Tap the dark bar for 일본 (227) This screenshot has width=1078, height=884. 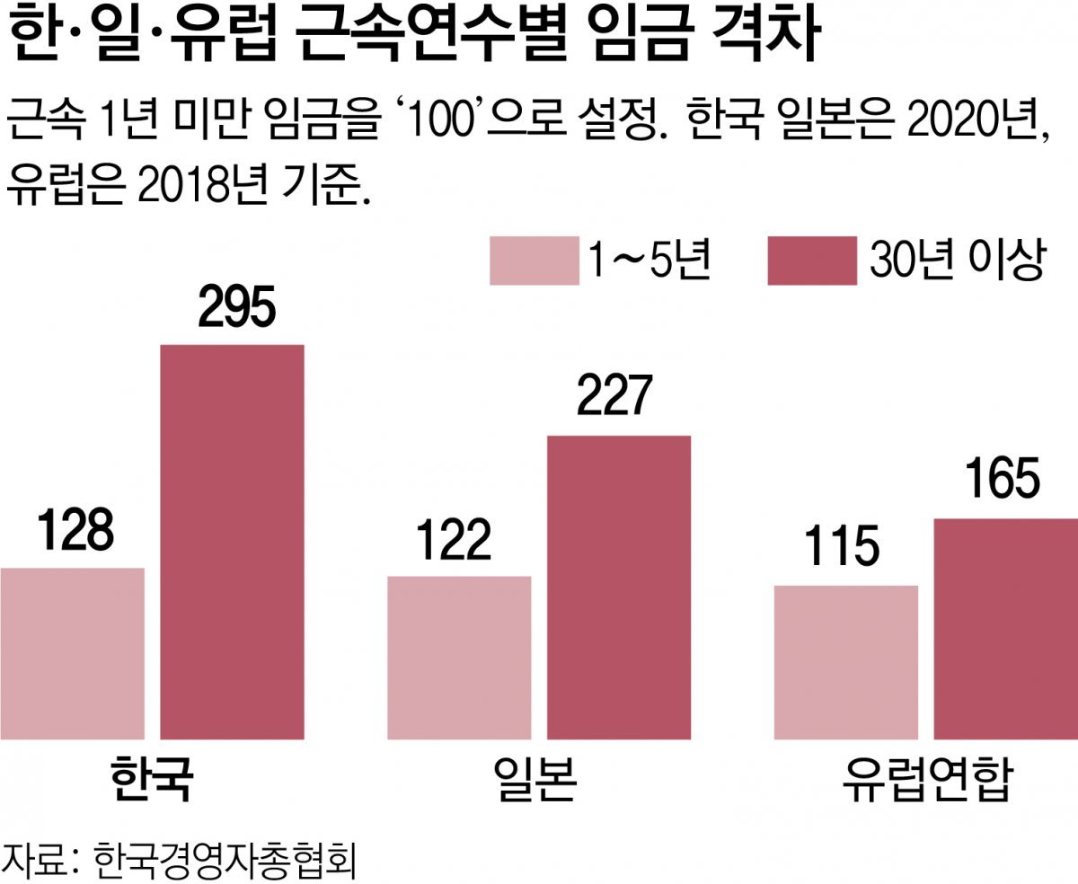(619, 588)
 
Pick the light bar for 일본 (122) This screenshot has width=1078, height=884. (459, 658)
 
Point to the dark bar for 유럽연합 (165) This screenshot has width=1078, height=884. (1005, 629)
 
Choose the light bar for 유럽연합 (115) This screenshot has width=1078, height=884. (846, 662)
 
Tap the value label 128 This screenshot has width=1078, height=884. (75, 531)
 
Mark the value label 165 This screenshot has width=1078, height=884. (1002, 481)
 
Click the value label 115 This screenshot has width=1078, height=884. (841, 549)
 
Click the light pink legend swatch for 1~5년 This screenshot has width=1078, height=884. (534, 261)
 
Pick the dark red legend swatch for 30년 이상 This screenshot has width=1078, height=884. (811, 261)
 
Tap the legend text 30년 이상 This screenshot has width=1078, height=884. (956, 260)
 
